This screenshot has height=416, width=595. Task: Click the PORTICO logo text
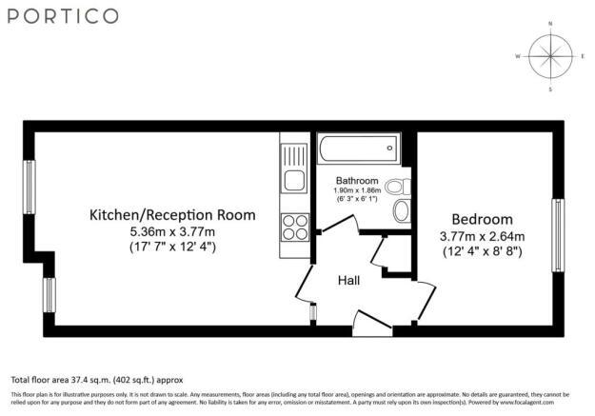tap(66, 16)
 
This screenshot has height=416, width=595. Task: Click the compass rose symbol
tap(549, 56)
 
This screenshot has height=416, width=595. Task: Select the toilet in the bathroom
tap(402, 186)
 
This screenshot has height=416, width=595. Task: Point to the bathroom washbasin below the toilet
tap(401, 211)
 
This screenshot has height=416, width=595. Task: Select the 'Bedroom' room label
tap(482, 218)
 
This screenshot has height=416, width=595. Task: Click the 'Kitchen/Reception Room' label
tap(172, 215)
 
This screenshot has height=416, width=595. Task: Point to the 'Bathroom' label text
tap(358, 181)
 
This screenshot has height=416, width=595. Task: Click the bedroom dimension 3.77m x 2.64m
tap(482, 236)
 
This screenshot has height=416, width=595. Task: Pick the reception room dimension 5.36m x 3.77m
tap(172, 231)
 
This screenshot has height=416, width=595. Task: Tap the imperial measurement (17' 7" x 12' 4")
tap(172, 248)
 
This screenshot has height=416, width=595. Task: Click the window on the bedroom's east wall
tap(557, 234)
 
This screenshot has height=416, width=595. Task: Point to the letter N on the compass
tap(550, 22)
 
